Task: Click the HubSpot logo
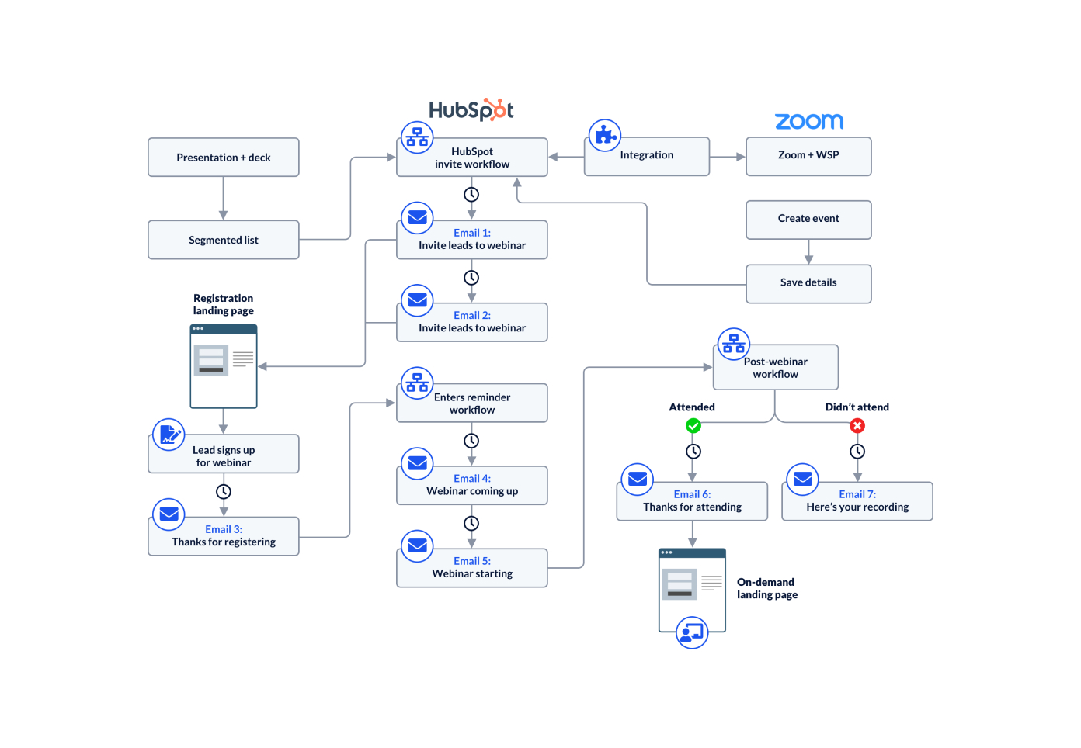click(x=471, y=110)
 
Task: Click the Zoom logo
click(x=808, y=121)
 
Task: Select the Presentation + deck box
click(x=224, y=158)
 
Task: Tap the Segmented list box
click(x=224, y=240)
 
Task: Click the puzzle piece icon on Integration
click(x=604, y=136)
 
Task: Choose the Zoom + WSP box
click(x=808, y=156)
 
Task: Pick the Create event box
click(x=808, y=220)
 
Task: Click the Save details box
click(x=808, y=283)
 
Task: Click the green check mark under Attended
click(x=693, y=426)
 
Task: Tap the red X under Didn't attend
click(x=857, y=426)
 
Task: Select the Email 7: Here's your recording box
click(x=857, y=501)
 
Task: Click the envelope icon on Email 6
click(x=638, y=480)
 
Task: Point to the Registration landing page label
click(x=224, y=304)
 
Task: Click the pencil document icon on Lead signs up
click(x=169, y=435)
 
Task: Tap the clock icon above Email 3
click(x=224, y=491)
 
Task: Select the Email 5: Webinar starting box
click(x=472, y=568)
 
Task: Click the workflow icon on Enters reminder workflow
click(x=417, y=383)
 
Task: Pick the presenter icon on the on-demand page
click(x=691, y=632)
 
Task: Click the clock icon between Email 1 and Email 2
click(x=471, y=278)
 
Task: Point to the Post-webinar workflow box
click(x=776, y=368)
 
